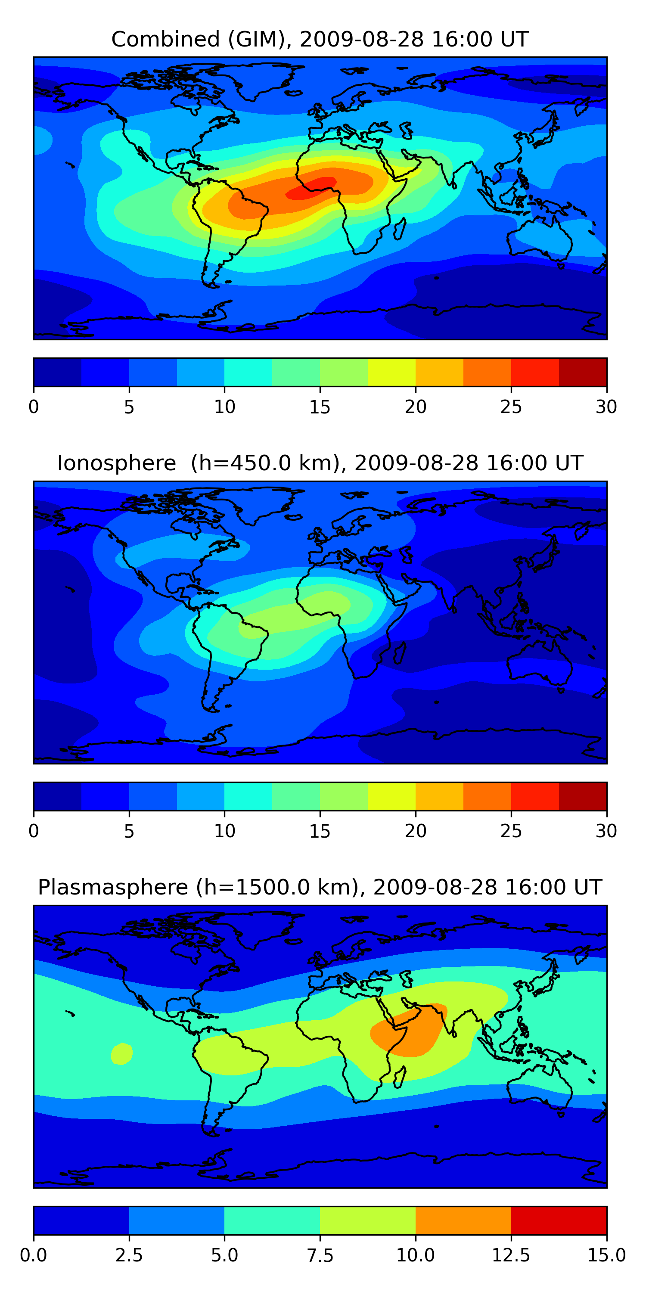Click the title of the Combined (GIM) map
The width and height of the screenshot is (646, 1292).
[320, 39]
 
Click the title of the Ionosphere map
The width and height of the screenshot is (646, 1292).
[320, 463]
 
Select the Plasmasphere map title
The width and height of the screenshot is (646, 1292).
[320, 887]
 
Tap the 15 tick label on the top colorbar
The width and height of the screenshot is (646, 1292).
[320, 407]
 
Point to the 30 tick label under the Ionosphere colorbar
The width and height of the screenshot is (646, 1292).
[606, 831]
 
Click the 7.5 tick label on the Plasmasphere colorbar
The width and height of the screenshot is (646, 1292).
[320, 1255]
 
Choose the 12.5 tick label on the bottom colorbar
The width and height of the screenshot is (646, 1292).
[511, 1255]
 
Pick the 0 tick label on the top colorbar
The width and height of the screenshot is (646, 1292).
[34, 407]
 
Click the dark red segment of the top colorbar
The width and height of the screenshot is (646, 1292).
[583, 372]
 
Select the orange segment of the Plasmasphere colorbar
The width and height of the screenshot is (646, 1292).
[463, 1220]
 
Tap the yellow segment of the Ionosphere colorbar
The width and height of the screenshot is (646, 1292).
[391, 796]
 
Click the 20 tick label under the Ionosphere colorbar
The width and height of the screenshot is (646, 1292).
[415, 831]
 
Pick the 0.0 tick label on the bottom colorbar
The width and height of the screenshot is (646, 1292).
[34, 1255]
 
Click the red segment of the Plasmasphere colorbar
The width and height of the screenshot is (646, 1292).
[559, 1220]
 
